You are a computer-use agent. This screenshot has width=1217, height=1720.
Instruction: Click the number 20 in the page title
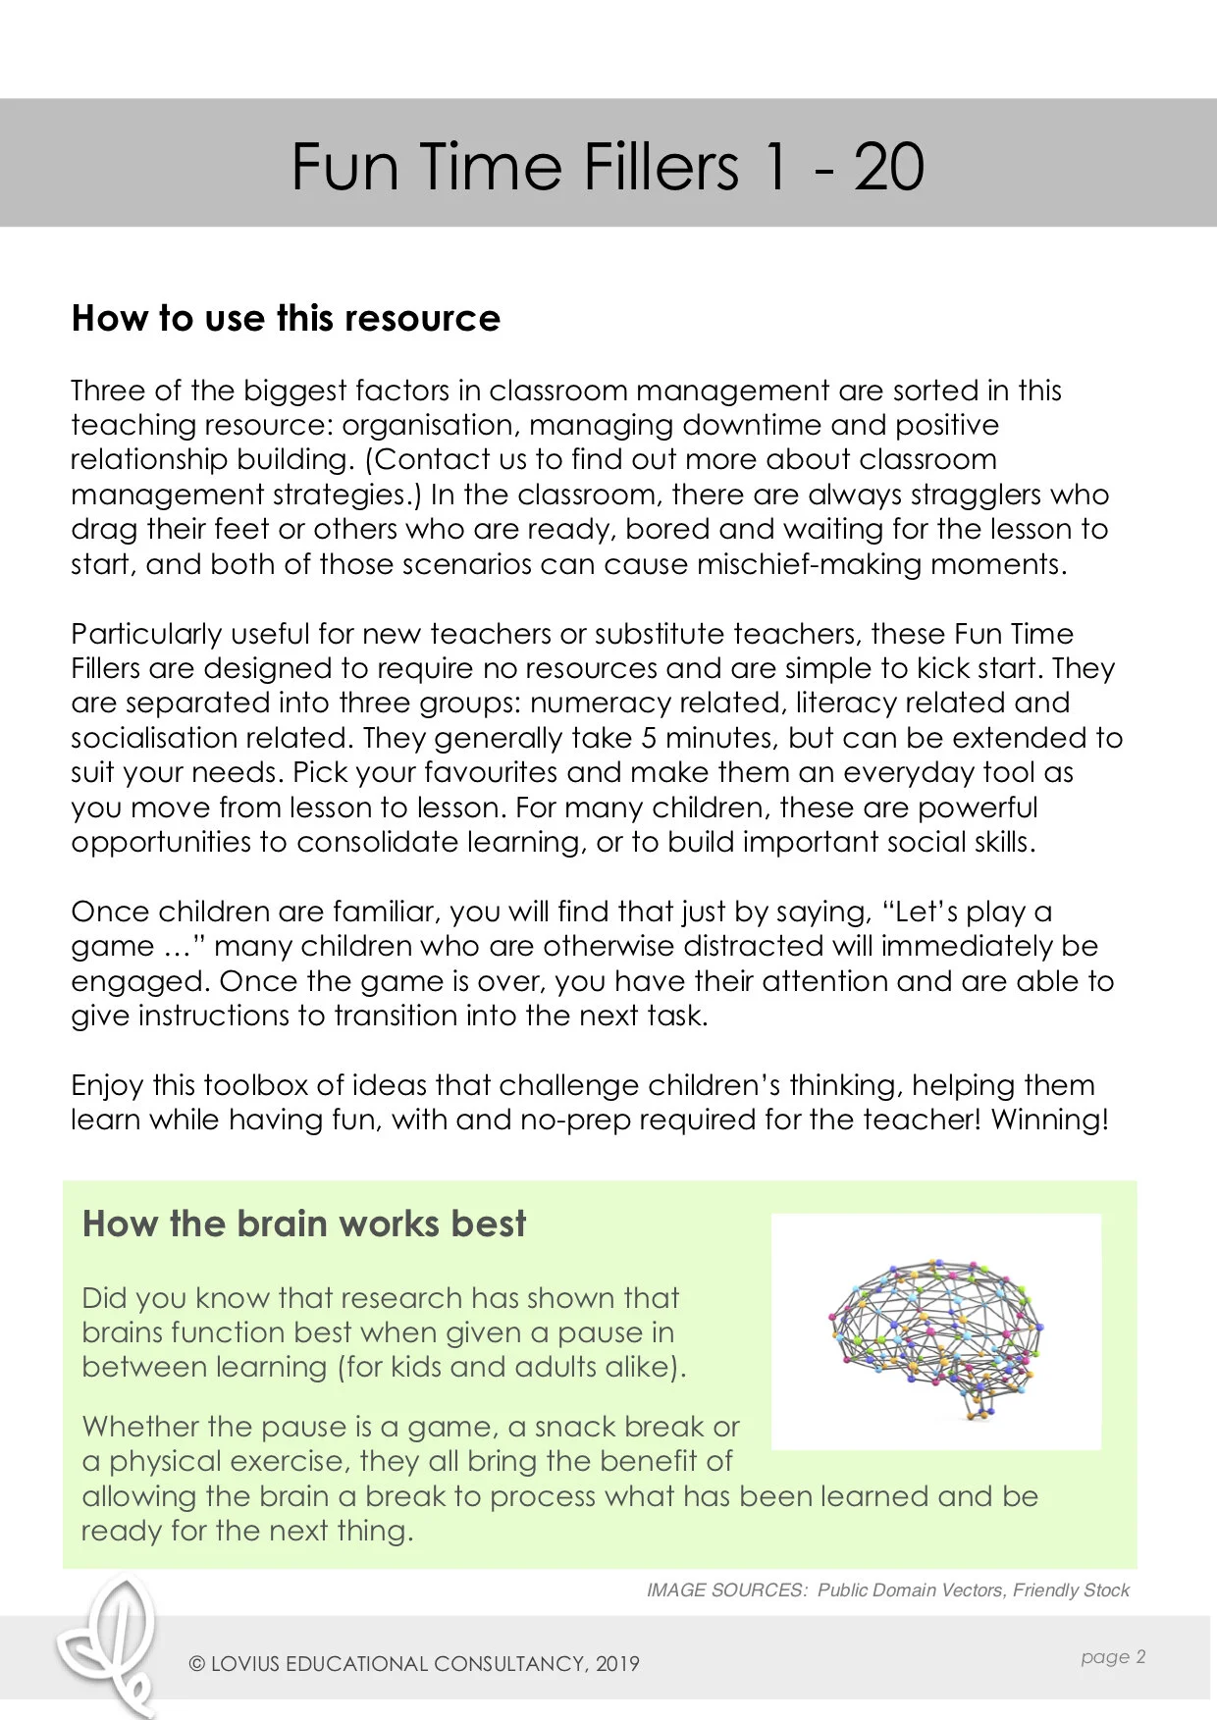point(888,167)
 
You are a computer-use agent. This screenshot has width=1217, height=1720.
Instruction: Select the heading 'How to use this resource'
point(286,318)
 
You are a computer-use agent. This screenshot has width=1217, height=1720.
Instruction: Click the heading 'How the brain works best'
point(304,1224)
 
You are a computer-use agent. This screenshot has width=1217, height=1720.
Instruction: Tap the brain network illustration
point(935,1331)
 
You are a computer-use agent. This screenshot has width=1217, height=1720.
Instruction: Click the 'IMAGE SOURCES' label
point(726,1590)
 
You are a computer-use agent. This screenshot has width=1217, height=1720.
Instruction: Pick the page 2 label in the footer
point(1113,1657)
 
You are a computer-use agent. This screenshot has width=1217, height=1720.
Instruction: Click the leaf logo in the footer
point(109,1643)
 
